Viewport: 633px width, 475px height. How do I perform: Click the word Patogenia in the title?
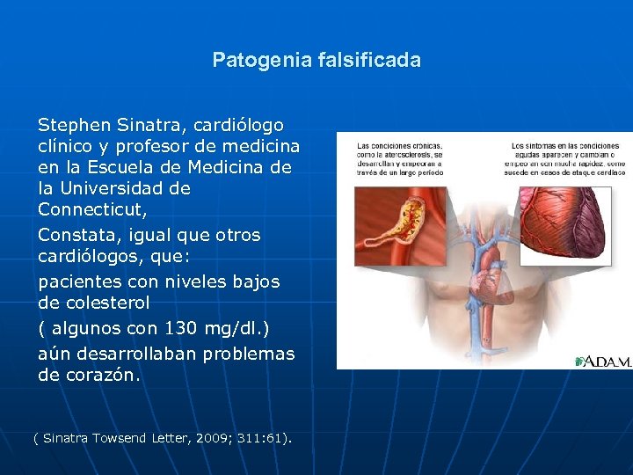pyautogui.click(x=252, y=61)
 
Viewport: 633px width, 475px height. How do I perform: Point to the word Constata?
pyautogui.click(x=76, y=235)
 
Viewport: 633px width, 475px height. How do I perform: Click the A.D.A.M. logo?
pyautogui.click(x=603, y=362)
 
